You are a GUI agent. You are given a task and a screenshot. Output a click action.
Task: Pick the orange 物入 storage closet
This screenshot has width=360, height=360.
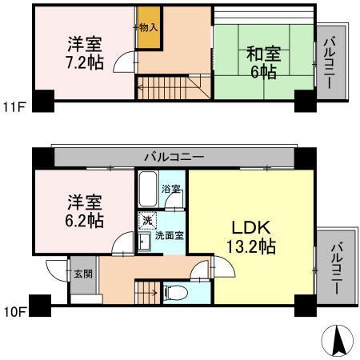(x=146, y=27)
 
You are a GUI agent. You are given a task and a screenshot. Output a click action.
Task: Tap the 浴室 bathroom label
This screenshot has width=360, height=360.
(x=170, y=190)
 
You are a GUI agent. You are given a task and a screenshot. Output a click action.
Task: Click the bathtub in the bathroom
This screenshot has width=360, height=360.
(x=147, y=189)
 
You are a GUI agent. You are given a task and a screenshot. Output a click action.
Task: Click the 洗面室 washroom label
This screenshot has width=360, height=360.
(x=170, y=237)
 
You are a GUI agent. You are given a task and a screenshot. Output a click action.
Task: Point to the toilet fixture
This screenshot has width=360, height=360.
(x=174, y=292)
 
